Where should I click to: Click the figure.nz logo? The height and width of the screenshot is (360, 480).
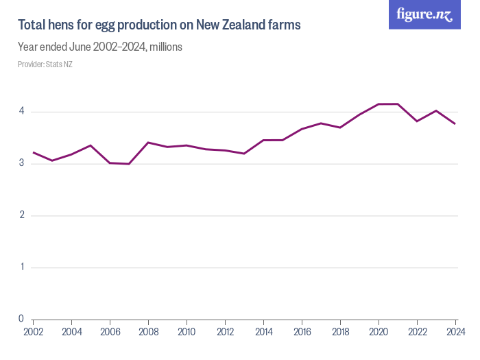424,14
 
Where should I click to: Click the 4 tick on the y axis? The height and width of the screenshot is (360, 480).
21,111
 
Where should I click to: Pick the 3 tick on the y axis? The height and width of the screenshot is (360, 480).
21,163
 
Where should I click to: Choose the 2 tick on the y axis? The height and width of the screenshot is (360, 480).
21,215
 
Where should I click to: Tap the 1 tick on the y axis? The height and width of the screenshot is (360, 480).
21,267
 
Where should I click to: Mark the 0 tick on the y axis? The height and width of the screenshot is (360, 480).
21,319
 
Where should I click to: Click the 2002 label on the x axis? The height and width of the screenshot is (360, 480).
33,333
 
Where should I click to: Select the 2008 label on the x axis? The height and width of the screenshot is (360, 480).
148,333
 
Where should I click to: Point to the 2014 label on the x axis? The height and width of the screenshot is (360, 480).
263,333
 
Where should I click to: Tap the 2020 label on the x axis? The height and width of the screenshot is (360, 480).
379,333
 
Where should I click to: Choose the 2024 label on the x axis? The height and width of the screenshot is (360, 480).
455,333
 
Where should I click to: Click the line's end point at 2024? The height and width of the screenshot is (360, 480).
455,123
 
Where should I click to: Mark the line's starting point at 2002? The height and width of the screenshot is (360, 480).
33,152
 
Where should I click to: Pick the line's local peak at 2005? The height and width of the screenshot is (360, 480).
91,145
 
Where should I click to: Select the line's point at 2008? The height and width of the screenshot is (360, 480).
148,143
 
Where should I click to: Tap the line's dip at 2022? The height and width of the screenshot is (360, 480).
417,121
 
